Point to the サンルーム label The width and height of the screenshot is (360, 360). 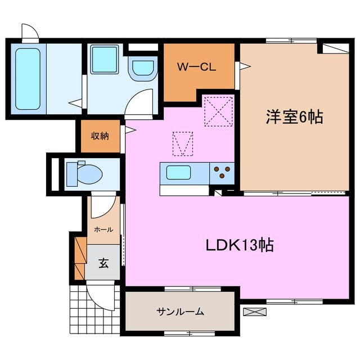180,312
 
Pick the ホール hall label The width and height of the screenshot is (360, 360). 103,229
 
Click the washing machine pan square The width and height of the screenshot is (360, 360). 103,58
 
